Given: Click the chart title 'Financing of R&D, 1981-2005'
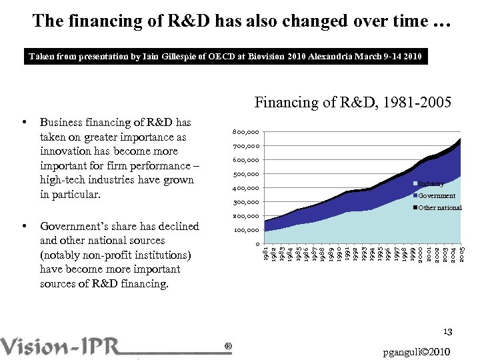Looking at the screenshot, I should point(353,102).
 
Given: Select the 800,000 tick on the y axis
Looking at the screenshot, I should point(247,132).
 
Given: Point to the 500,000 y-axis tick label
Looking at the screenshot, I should point(247,175).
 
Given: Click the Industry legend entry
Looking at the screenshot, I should point(430,183).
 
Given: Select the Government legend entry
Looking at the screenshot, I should point(436,195).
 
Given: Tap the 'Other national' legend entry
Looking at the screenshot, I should point(439,207).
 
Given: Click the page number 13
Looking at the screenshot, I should point(448,332).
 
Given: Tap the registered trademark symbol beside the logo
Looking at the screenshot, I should point(229,347).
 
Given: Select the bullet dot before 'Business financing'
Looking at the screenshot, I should point(24,123).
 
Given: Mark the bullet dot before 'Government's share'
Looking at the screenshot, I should point(24,227).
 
